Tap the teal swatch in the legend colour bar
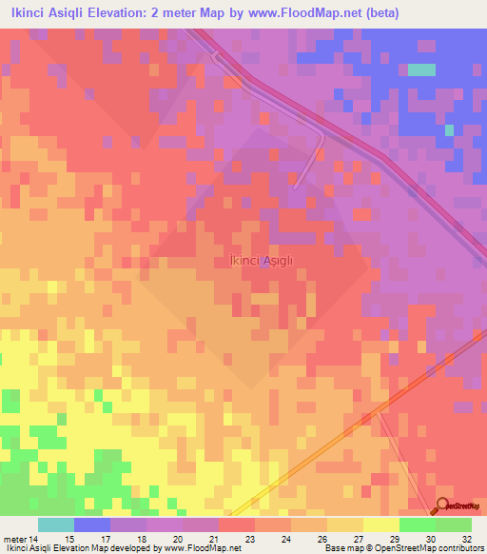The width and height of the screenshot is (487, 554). point(56,524)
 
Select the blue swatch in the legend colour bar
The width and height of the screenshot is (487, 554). point(92,524)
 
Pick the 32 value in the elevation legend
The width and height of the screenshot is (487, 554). point(465,539)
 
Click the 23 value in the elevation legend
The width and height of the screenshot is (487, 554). point(248,539)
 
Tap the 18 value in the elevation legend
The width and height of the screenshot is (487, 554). point(141,539)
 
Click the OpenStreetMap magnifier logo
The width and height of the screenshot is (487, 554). point(442,505)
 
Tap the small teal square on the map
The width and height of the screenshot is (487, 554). point(421,69)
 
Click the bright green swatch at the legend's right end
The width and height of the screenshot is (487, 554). point(454,524)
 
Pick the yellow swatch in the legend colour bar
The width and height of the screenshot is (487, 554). point(381,524)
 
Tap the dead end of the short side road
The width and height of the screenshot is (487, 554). point(297,185)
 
